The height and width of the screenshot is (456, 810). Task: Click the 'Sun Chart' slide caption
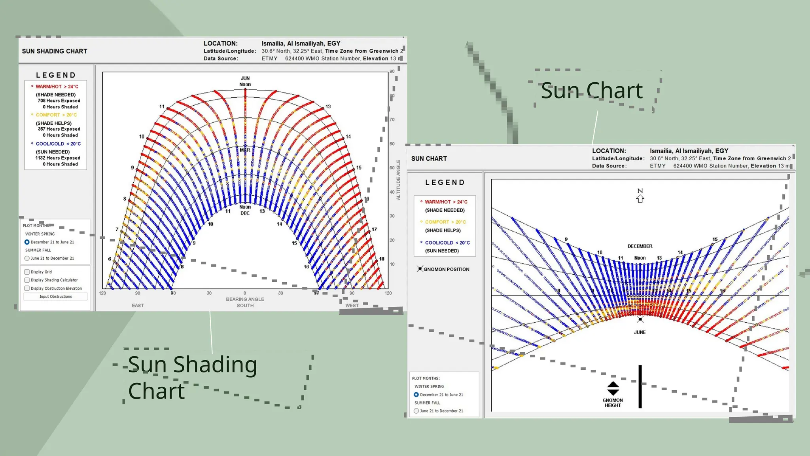point(591,90)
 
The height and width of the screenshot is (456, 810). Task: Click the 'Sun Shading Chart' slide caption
point(192,377)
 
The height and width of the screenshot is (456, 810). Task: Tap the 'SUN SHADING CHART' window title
point(55,51)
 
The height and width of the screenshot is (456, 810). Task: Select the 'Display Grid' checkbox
point(27,272)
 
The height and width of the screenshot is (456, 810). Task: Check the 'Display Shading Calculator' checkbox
point(27,280)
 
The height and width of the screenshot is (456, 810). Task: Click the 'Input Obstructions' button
point(55,296)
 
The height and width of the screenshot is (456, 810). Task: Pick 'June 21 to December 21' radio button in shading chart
point(27,258)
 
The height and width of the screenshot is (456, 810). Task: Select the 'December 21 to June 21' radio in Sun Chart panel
point(416,395)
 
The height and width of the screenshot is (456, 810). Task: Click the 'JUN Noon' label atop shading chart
point(245,81)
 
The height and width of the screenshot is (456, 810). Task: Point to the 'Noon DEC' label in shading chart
point(245,210)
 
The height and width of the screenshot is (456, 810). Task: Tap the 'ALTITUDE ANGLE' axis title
point(398,180)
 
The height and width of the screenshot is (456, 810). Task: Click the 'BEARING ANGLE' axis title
point(245,299)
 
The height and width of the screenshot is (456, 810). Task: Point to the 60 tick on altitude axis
point(392,144)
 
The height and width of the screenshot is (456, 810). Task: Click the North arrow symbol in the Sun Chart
point(640,196)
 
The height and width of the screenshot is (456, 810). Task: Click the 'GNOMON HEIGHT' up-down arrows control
point(613,388)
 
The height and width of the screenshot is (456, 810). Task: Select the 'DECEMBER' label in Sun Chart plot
point(640,246)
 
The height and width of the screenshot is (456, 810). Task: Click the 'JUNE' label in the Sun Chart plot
point(640,332)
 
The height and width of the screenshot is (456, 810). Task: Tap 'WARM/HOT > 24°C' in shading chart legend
point(57,87)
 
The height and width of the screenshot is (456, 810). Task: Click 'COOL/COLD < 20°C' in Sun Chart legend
point(447,243)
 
